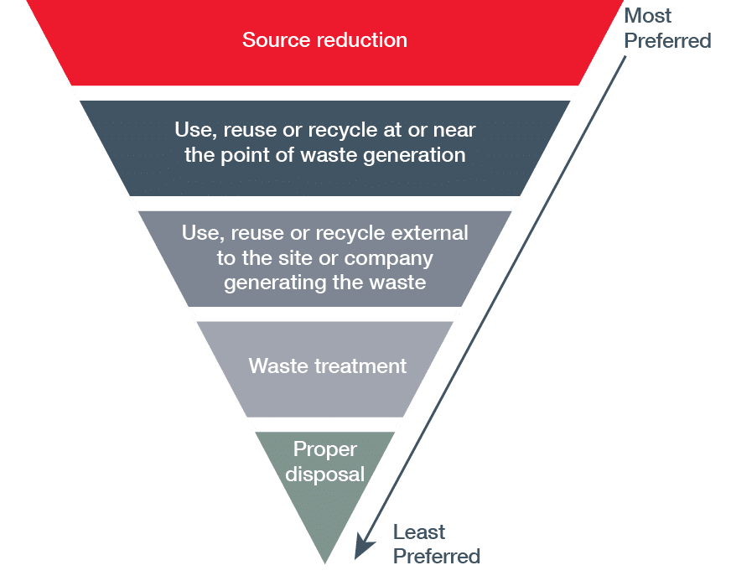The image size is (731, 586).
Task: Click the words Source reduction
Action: point(324,39)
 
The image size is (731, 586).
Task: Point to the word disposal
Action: point(325,474)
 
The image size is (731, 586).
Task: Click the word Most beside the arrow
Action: point(648,16)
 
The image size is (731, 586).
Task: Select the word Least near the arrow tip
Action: point(419,532)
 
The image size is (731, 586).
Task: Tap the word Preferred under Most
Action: point(668,40)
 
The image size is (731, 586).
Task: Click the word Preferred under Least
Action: point(437,556)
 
